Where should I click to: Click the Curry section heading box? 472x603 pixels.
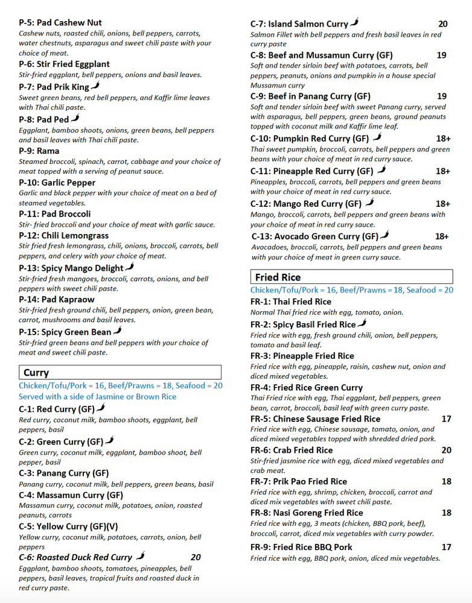120,373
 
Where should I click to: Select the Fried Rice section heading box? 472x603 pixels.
351,277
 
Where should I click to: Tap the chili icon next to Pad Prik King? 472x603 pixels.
95,86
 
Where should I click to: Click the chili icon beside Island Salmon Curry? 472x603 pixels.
355,23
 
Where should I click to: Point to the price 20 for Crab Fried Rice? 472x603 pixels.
446,450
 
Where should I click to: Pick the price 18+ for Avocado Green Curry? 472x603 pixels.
442,236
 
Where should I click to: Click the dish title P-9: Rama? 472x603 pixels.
39,151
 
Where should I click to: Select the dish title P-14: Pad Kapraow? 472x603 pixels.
57,299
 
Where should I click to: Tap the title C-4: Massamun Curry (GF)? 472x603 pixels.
71,496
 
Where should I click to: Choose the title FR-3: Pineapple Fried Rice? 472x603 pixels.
302,356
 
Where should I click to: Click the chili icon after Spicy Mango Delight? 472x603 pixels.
129,267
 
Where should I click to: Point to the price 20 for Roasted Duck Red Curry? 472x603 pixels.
196,557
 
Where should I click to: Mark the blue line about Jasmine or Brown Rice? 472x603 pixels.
97,397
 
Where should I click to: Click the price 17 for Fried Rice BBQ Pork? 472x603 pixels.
446,547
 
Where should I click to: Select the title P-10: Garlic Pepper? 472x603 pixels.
57,182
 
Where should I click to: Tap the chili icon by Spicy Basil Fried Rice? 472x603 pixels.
362,324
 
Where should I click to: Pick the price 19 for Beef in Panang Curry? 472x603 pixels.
441,96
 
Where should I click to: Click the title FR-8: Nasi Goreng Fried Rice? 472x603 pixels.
307,513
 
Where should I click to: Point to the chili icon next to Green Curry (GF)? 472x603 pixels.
109,441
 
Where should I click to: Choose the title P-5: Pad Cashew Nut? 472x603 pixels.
60,22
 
